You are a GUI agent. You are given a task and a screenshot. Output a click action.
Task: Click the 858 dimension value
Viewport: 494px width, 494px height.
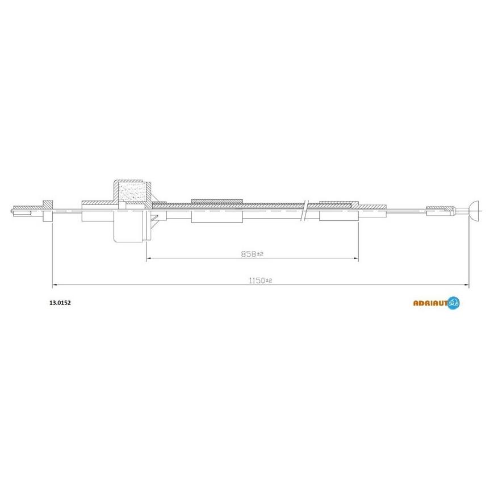click(x=249, y=254)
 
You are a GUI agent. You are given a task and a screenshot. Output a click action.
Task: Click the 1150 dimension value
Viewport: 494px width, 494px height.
click(x=257, y=281)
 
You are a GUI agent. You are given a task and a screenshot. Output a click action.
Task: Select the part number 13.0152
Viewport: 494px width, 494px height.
click(x=60, y=303)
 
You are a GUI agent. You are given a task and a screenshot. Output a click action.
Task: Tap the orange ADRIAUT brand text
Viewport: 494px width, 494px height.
click(x=430, y=303)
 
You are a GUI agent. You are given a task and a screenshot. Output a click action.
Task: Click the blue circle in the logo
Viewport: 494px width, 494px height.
click(x=453, y=303)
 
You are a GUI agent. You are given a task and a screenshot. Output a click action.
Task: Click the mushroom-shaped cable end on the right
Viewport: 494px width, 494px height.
click(x=474, y=210)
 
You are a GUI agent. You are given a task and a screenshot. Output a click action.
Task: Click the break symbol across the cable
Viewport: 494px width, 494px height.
click(x=305, y=211)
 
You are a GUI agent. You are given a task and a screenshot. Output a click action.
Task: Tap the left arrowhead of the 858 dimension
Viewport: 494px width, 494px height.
click(x=149, y=258)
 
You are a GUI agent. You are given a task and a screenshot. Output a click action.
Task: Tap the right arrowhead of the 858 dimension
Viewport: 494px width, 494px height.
click(x=357, y=258)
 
